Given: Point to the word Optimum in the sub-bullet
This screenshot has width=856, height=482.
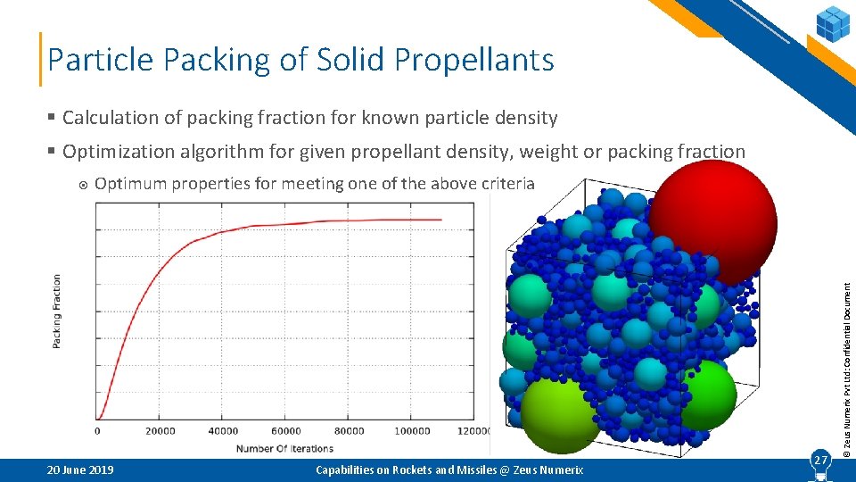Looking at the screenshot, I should coord(131,184).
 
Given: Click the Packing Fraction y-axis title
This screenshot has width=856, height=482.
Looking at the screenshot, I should coord(58,311).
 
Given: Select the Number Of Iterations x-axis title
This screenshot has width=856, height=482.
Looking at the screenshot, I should coord(284,448).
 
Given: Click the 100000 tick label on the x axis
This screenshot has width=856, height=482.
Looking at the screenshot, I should coord(411,431).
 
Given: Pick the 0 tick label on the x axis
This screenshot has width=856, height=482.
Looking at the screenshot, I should coord(97,431).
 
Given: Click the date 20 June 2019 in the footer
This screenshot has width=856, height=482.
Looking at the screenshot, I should coord(80,470).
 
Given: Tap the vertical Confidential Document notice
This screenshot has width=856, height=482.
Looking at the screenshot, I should coord(848,366).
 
